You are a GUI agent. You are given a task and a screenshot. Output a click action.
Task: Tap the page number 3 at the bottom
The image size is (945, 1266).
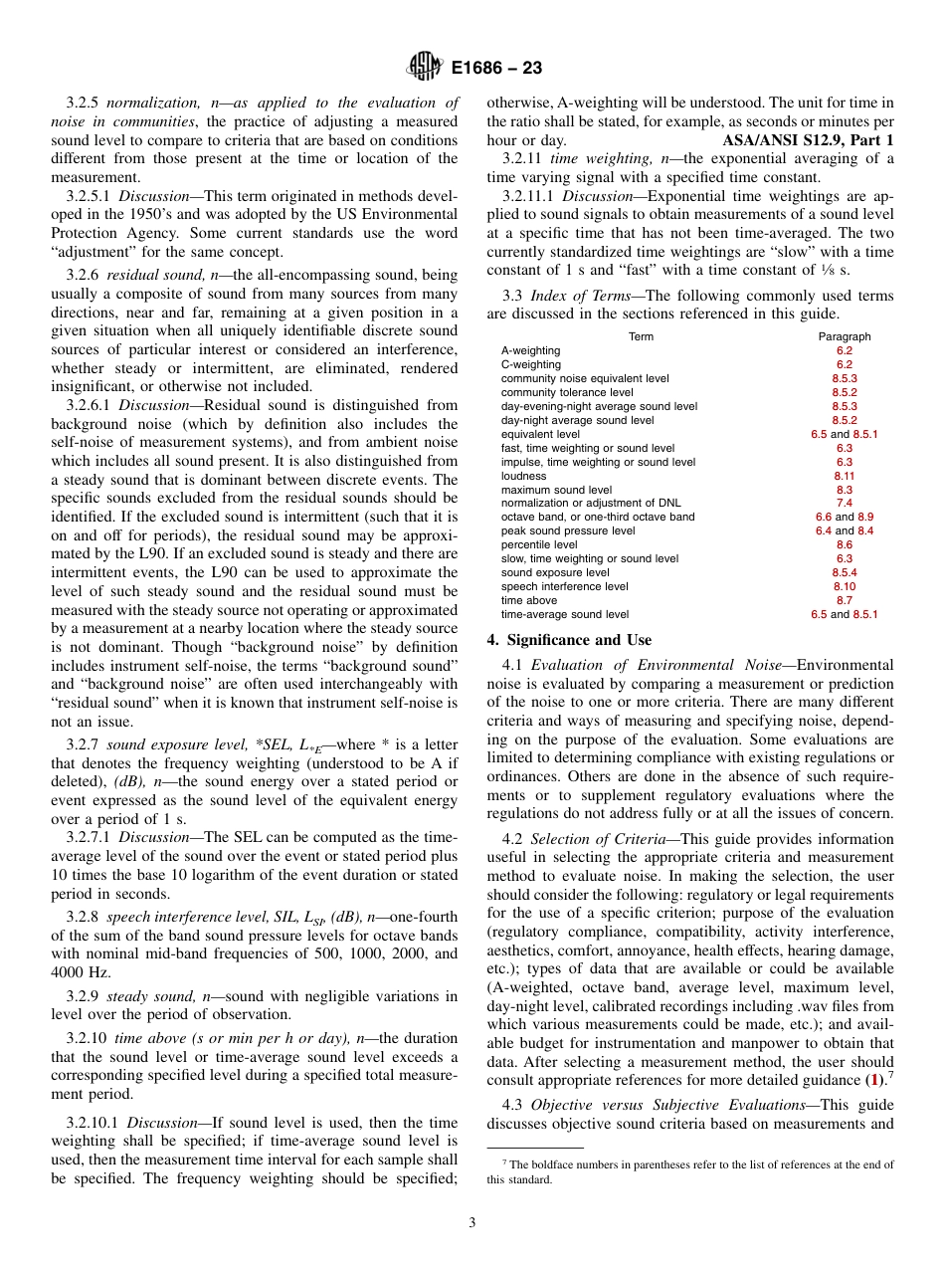click(x=472, y=1223)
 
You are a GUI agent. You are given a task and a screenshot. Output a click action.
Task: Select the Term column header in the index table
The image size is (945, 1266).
click(x=641, y=336)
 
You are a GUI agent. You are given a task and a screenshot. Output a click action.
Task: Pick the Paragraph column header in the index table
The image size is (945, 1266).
click(x=844, y=336)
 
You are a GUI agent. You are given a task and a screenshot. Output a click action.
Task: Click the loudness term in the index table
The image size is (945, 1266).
click(x=523, y=476)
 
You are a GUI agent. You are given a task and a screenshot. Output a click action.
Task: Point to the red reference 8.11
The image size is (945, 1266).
click(x=844, y=476)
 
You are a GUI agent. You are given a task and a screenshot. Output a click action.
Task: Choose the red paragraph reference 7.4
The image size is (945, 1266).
click(x=844, y=503)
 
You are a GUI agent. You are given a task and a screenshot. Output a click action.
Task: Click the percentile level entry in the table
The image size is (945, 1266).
click(x=539, y=544)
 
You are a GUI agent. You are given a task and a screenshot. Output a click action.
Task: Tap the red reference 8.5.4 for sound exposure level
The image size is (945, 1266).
click(x=844, y=572)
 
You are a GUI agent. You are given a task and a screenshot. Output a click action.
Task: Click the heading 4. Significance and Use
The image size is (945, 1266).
click(x=569, y=640)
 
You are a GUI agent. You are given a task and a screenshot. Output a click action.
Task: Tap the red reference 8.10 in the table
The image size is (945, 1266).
click(x=844, y=586)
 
